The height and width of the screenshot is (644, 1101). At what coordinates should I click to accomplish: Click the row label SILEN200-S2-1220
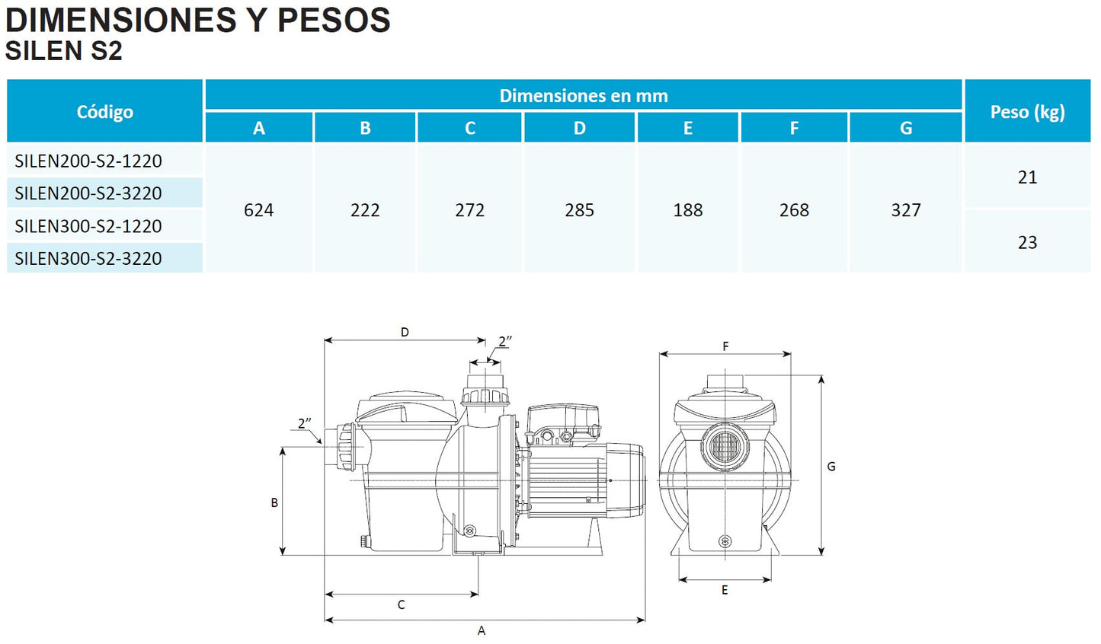88,161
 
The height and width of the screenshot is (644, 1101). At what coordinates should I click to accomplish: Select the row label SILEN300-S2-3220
88,258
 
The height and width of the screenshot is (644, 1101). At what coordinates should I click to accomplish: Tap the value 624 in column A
258,210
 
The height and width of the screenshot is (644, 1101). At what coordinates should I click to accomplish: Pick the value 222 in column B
365,210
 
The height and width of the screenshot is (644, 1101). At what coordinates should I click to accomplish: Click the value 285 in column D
579,210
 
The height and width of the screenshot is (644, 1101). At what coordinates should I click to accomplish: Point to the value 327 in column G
906,210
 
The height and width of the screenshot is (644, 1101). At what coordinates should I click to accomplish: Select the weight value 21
1027,177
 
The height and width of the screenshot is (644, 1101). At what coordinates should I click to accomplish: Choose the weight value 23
1027,242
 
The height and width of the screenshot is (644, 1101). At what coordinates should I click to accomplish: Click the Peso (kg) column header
1027,112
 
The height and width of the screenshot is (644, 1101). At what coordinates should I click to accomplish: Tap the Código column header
105,112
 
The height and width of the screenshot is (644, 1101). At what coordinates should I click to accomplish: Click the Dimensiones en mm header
584,96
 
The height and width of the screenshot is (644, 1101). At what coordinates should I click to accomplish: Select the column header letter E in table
687,128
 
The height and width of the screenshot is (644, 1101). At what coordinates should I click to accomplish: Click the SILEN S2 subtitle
63,51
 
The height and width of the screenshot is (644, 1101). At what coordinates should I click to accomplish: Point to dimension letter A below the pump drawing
482,630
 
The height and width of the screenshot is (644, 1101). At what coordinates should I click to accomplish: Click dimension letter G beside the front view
831,466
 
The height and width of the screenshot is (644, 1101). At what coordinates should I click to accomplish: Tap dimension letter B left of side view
274,502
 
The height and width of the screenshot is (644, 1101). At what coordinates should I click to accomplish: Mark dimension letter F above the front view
725,346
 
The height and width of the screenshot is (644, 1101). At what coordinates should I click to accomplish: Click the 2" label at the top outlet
504,341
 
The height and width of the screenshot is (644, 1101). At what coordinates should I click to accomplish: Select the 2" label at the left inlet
305,422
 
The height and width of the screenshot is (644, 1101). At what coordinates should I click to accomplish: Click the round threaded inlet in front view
725,446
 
